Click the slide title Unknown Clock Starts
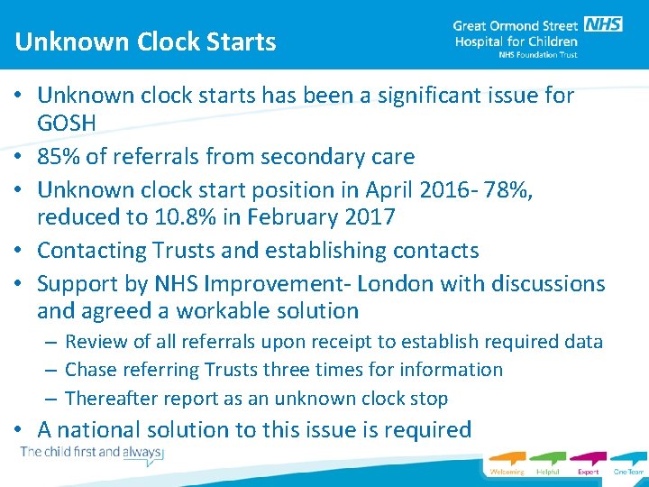145,41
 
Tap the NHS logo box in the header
602,24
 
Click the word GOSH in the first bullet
66,124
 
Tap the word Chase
91,370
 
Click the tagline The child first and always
90,452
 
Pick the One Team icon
628,462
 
